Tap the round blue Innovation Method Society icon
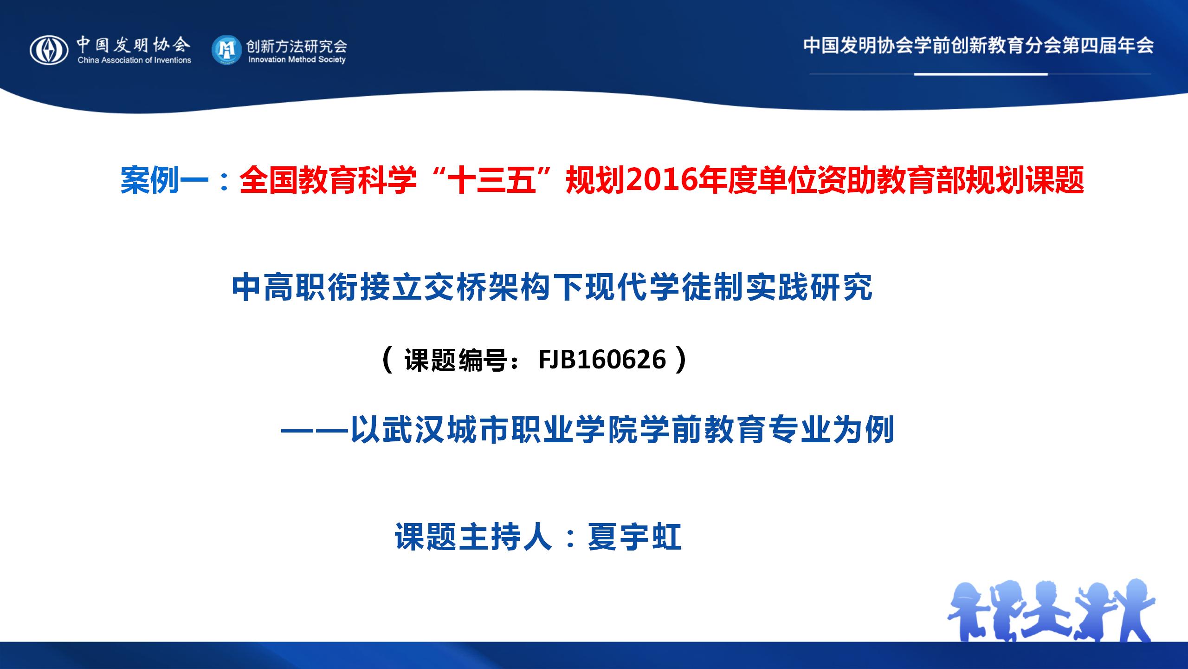click(226, 50)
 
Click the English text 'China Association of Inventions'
click(135, 60)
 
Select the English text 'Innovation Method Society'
click(297, 59)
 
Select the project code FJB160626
click(602, 360)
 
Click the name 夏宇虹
click(634, 537)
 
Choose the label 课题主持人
click(474, 537)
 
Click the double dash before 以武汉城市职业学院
click(315, 431)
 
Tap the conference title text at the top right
click(978, 46)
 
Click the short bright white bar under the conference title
click(981, 74)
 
